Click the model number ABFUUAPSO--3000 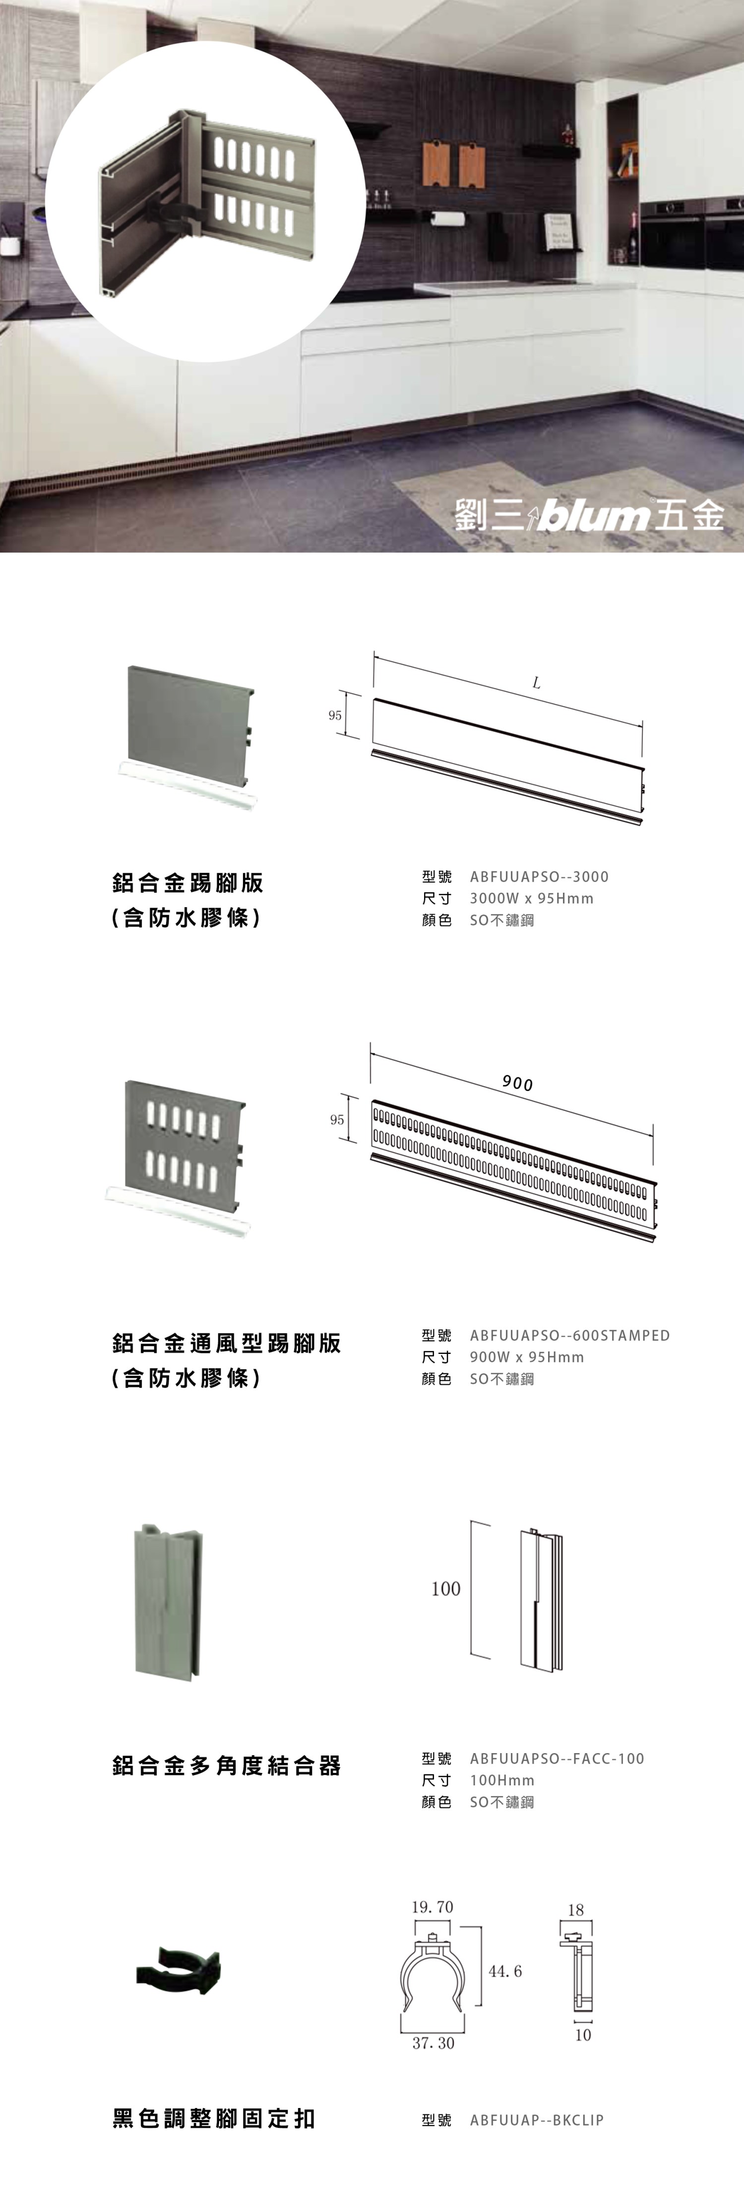[539, 876]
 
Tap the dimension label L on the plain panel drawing [537, 683]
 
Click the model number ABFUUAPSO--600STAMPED [570, 1335]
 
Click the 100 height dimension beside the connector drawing [445, 1589]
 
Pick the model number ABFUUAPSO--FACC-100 [557, 1758]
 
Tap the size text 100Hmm [501, 1780]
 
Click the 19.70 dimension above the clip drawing [433, 1907]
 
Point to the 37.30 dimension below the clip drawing [434, 2043]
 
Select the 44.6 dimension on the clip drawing [505, 1971]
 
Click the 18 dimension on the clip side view [576, 1910]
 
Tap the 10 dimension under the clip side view [582, 2035]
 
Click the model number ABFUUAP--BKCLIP [537, 2120]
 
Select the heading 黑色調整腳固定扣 [213, 2119]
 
